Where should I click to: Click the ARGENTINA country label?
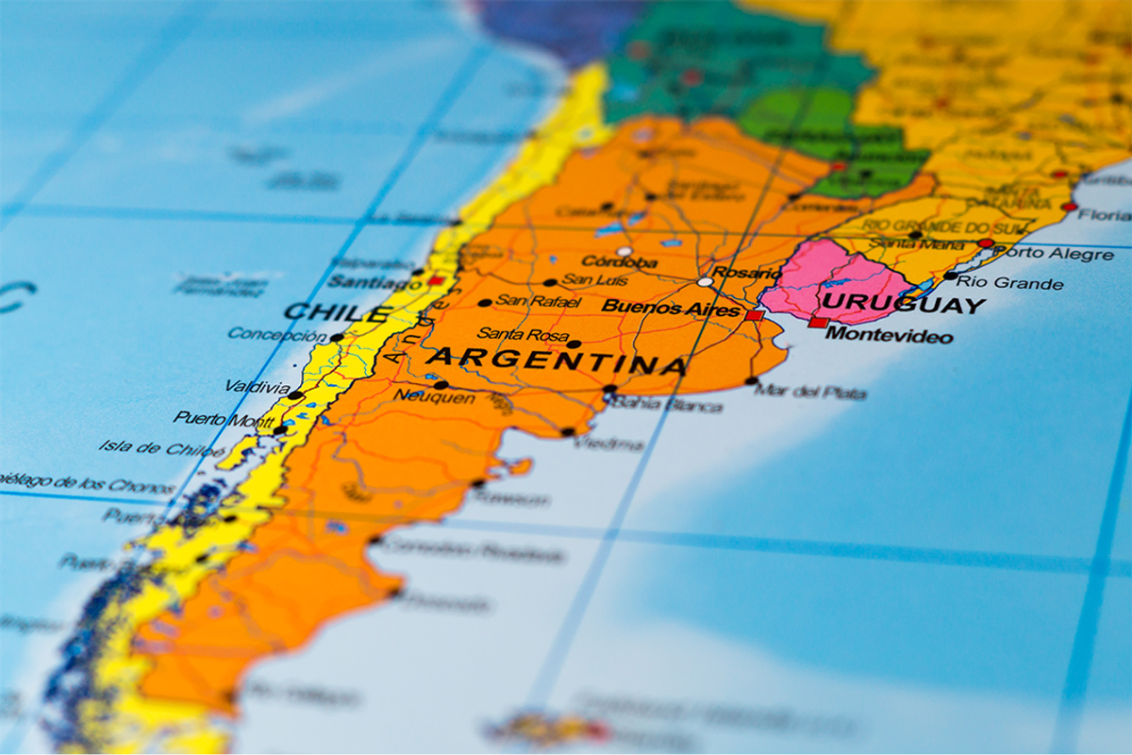pos(557,361)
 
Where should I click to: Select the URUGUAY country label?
pos(903,305)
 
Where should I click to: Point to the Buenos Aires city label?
pos(671,308)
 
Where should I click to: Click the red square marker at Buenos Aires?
pos(753,315)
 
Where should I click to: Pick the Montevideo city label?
pos(889,335)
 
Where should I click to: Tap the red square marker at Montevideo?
pos(817,323)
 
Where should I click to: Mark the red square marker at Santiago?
pos(435,280)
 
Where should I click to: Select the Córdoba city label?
pos(619,261)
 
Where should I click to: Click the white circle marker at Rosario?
pos(705,281)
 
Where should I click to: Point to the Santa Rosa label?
pos(523,334)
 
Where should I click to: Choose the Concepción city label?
pos(276,334)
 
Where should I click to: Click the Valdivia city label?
pos(258,387)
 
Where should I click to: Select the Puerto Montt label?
pos(224,418)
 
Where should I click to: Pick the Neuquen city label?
pos(434,397)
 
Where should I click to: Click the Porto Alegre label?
pos(1053,254)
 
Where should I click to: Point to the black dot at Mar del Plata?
pos(752,381)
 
